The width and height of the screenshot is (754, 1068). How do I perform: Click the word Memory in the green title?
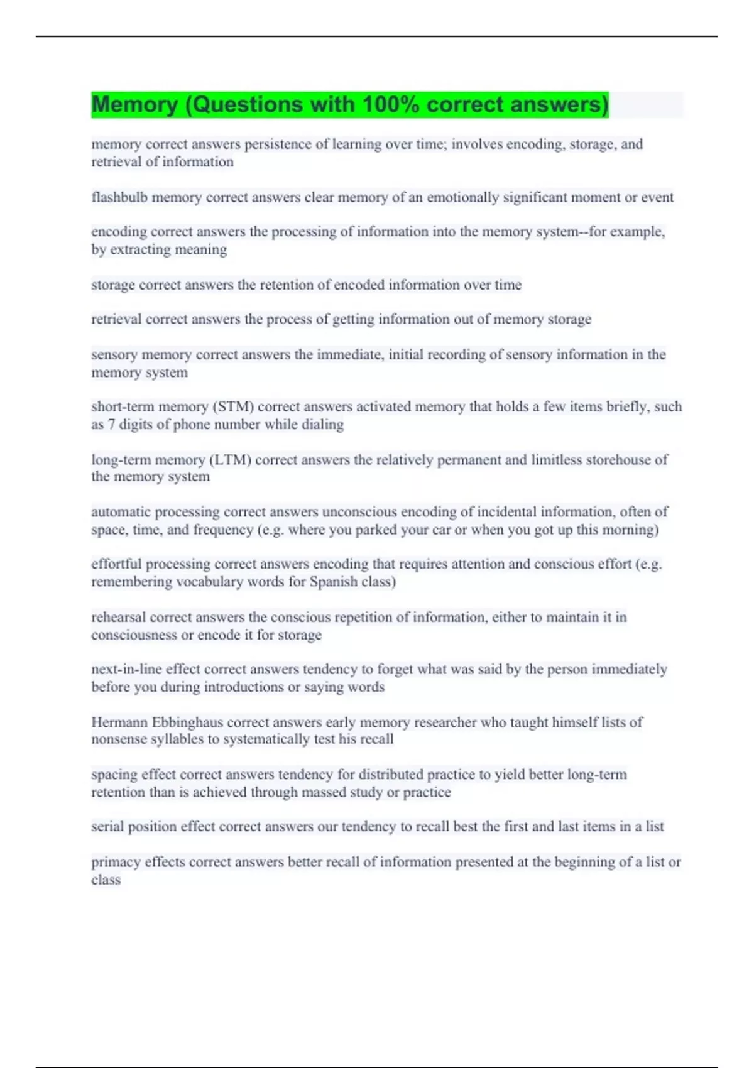click(134, 104)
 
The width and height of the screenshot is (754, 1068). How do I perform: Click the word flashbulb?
click(119, 197)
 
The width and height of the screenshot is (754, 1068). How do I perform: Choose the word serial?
click(107, 826)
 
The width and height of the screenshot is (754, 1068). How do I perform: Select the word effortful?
click(116, 564)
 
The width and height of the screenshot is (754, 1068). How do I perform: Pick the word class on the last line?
click(106, 880)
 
